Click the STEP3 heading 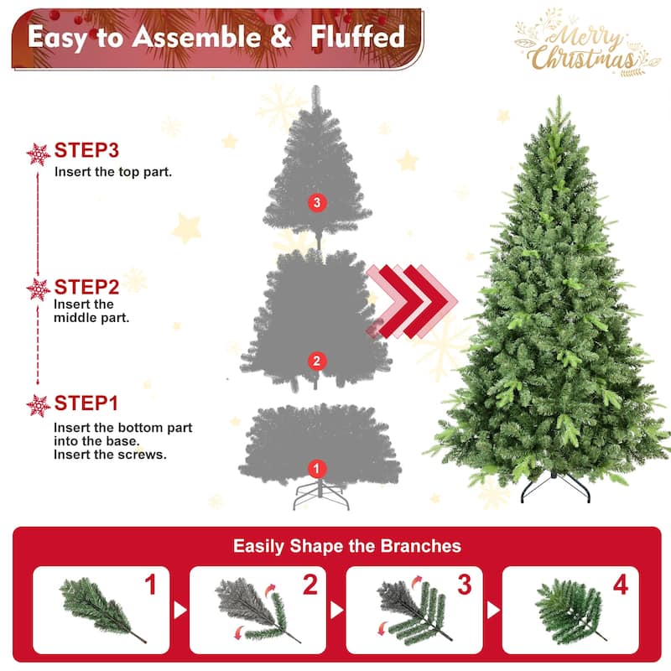[x=86, y=151]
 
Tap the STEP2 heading [x=86, y=287]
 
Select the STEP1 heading [x=86, y=403]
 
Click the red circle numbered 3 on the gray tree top [x=315, y=202]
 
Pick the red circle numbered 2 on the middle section [x=315, y=362]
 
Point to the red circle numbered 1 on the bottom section [x=316, y=469]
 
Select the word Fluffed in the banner [x=358, y=37]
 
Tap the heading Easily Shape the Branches [x=346, y=546]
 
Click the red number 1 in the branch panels [x=151, y=585]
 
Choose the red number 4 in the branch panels [x=620, y=585]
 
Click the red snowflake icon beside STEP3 [x=39, y=153]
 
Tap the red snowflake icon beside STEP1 [x=39, y=406]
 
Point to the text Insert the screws [x=109, y=455]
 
